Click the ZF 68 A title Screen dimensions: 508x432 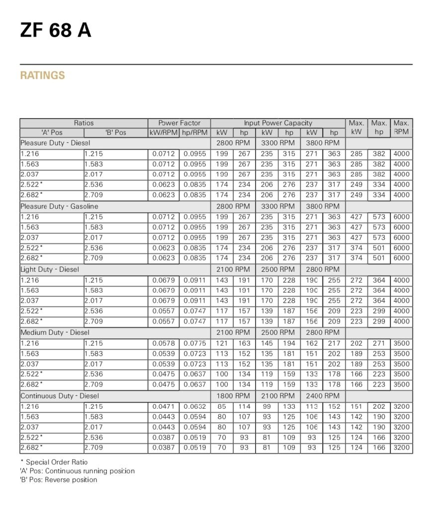pos(56,30)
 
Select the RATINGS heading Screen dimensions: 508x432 pos(42,75)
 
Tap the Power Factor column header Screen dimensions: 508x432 pos(179,123)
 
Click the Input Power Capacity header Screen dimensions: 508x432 pos(278,123)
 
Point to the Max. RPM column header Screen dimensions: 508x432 pos(401,127)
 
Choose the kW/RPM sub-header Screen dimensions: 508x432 pos(164,133)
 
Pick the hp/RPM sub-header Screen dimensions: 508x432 pos(194,133)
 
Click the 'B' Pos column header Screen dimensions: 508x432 pos(116,133)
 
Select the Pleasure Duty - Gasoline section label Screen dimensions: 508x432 pos(59,206)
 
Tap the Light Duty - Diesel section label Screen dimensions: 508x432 pos(50,269)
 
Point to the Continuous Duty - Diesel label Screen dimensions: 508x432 pos(60,396)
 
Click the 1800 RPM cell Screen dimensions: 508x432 pos(233,396)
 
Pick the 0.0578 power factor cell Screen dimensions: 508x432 pos(164,343)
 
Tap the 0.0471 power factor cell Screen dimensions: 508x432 pos(164,406)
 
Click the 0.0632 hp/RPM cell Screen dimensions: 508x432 pos(194,406)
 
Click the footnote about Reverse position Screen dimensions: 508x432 pos(58,480)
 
